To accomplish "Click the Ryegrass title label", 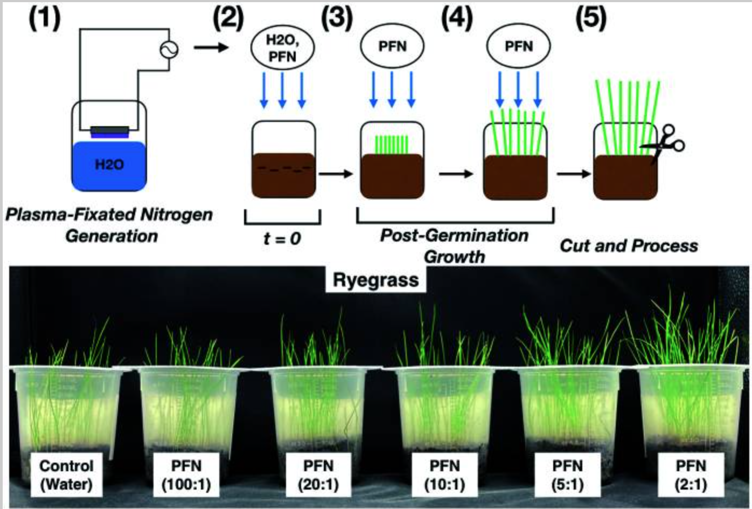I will click(375, 280).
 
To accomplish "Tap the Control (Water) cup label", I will click(66, 474).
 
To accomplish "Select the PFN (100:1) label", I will click(186, 474).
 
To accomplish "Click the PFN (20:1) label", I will click(318, 474).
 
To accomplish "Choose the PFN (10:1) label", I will click(445, 474).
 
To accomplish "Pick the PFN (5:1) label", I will click(567, 474).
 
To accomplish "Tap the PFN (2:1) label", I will click(691, 474).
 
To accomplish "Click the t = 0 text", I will click(282, 238).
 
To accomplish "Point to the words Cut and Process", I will click(629, 246).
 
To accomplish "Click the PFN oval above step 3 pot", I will click(392, 46).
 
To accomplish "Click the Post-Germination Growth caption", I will click(454, 245).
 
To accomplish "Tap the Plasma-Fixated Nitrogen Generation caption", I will click(109, 225).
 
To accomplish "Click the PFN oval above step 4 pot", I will click(518, 46).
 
